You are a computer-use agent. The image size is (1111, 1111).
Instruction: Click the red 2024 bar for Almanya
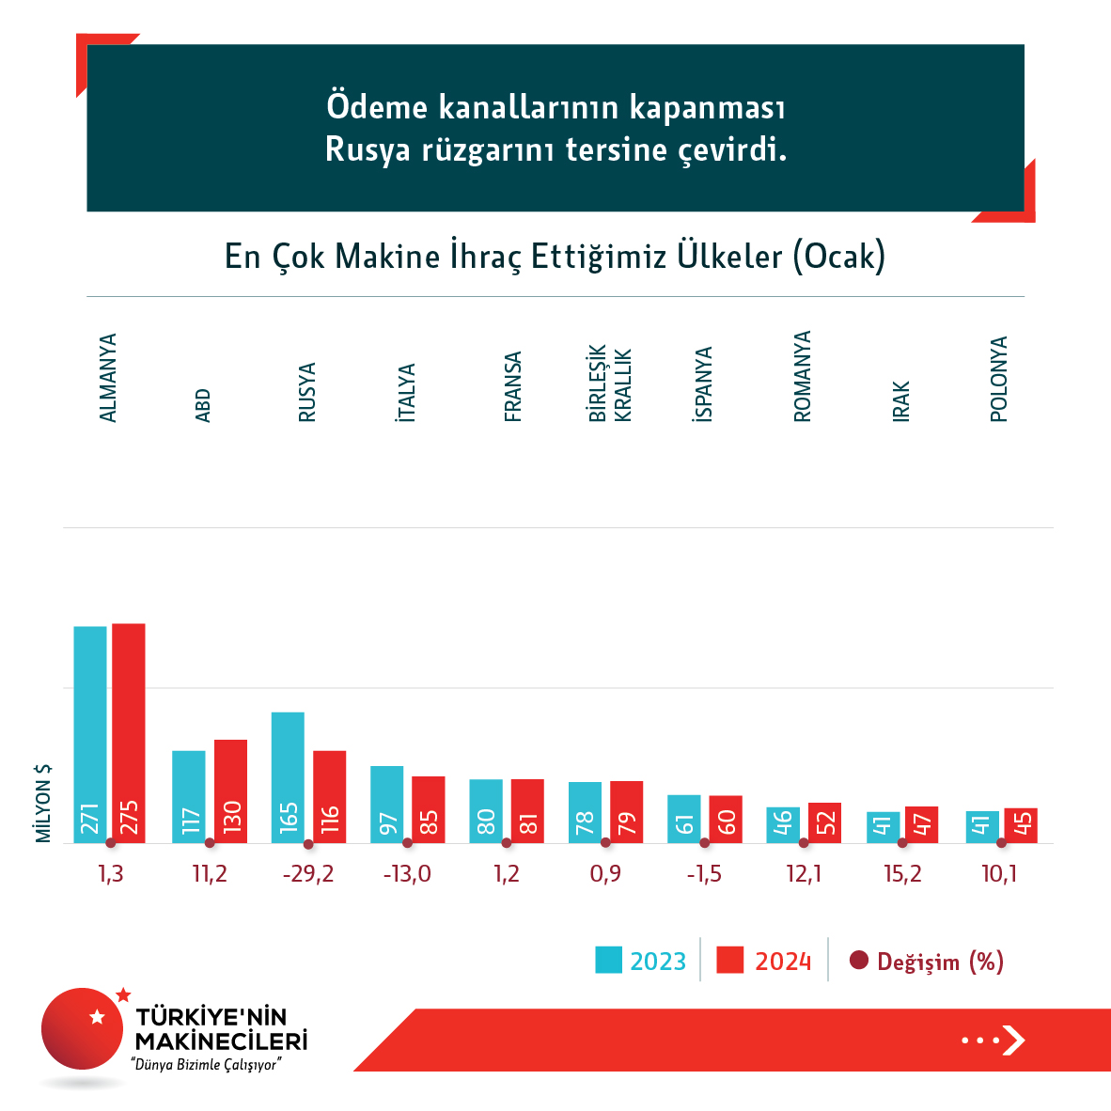coord(129,733)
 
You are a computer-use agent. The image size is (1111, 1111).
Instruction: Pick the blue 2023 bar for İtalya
coord(386,805)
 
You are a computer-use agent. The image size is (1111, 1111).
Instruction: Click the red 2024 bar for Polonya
coord(1020,825)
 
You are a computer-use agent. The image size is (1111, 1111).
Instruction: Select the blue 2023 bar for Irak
coord(883,827)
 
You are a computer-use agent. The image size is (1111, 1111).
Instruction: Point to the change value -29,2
coord(308,874)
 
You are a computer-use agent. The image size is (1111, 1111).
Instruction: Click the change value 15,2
coord(902,874)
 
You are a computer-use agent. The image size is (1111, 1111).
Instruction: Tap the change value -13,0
coord(407,874)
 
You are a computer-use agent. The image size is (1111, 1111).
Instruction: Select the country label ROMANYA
coord(802,377)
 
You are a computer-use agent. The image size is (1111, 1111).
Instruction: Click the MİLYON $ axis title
coord(43,804)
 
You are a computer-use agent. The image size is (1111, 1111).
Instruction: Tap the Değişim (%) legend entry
coord(927,962)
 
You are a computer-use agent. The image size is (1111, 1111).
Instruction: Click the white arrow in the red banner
coord(1012,1041)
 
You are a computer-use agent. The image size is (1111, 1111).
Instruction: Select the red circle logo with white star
coord(84,1028)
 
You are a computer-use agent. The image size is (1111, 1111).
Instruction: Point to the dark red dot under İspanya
coord(705,843)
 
